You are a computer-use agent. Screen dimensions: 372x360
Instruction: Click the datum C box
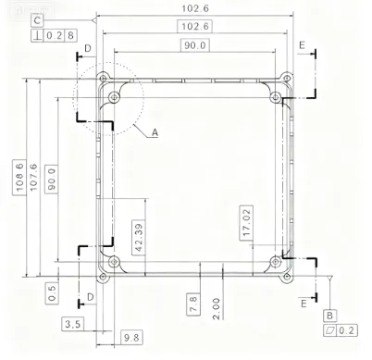pyautogui.click(x=37, y=20)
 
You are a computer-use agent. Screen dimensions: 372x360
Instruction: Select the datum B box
pyautogui.click(x=329, y=316)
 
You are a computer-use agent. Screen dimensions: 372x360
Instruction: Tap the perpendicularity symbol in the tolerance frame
pyautogui.click(x=38, y=36)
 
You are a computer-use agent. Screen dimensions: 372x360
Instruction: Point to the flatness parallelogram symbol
pyautogui.click(x=329, y=330)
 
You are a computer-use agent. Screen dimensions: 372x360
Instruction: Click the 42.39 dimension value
pyautogui.click(x=139, y=238)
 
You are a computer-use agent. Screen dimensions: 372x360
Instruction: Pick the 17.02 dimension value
pyautogui.click(x=246, y=222)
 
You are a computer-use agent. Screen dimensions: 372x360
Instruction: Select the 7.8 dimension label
pyautogui.click(x=193, y=304)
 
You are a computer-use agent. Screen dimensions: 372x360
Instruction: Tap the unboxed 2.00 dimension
pyautogui.click(x=217, y=308)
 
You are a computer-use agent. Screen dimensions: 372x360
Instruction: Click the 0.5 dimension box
pyautogui.click(x=52, y=293)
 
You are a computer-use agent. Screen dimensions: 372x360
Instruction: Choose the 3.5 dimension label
pyautogui.click(x=73, y=324)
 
